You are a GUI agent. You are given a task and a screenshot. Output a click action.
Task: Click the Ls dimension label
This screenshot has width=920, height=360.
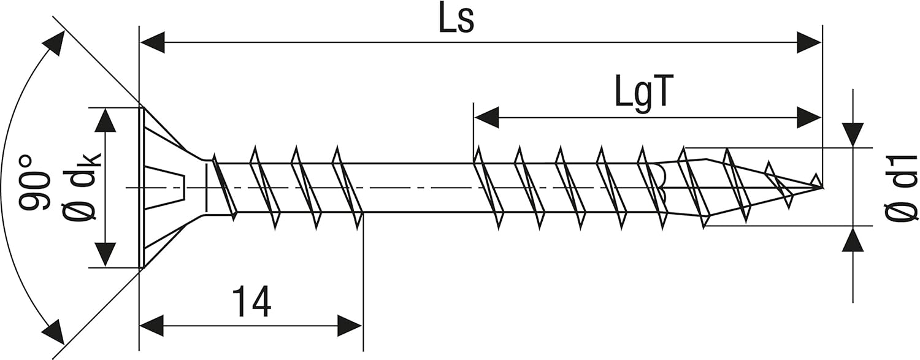pos(456,21)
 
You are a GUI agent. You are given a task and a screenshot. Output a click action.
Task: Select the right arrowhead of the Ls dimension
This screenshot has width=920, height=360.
pos(808,43)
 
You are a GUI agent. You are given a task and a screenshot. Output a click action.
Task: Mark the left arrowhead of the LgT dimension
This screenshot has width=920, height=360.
pos(487,117)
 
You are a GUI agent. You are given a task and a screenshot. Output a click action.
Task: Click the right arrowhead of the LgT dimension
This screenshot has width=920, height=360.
pos(808,117)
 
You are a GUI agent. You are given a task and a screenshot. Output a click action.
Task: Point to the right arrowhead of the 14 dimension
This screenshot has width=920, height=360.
pos(350,325)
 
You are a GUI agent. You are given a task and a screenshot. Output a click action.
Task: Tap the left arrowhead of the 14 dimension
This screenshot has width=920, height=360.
pos(152,325)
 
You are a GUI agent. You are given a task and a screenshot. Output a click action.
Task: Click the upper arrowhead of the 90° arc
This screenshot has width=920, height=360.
pos(55,42)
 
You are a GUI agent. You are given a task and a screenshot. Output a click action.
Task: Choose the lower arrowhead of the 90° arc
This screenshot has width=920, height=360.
pos(55,332)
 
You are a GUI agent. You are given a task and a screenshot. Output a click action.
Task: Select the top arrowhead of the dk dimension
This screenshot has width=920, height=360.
pos(105,121)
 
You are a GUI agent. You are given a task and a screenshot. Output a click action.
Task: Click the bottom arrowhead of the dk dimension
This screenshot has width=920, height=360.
pos(105,253)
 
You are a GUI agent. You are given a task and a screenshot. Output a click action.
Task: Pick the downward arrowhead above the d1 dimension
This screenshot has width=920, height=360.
pos(853,135)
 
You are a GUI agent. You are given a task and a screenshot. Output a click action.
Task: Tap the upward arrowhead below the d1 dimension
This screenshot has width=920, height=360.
pos(853,239)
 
